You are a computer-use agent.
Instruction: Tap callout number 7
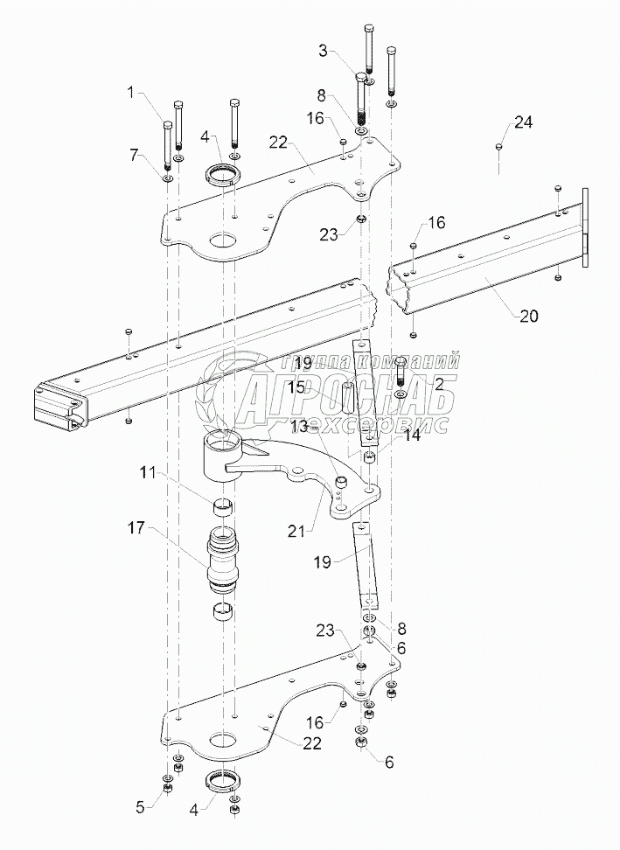[134, 154]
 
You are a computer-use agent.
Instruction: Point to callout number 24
[522, 122]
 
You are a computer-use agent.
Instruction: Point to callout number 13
[300, 425]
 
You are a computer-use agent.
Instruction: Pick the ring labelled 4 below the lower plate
[225, 779]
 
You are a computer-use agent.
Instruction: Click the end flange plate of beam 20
[587, 226]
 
